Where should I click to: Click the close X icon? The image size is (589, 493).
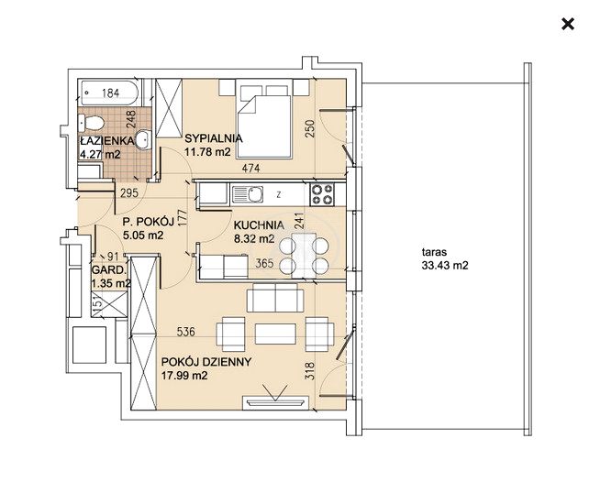click(x=568, y=25)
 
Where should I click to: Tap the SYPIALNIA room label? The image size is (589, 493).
click(x=214, y=138)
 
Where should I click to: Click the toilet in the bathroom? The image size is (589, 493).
click(x=91, y=123)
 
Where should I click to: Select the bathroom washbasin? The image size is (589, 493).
click(x=143, y=139)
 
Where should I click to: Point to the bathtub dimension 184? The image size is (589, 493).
click(x=111, y=93)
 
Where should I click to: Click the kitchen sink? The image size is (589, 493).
click(x=248, y=194)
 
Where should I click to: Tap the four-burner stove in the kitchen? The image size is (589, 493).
click(x=321, y=194)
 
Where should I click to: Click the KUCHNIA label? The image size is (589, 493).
click(x=259, y=225)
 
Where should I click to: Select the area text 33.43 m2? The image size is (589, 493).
click(x=445, y=265)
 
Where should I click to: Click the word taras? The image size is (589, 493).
click(x=434, y=252)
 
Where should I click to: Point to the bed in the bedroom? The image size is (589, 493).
click(x=263, y=121)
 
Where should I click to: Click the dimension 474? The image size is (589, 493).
click(x=250, y=169)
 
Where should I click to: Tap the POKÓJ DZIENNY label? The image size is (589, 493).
click(x=206, y=362)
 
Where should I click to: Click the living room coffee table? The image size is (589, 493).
click(x=275, y=334)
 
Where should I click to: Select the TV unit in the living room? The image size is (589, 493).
click(x=276, y=402)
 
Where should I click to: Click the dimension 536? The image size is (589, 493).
click(x=186, y=332)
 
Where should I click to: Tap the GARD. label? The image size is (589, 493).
click(x=108, y=269)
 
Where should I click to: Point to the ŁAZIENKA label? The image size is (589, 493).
click(x=107, y=141)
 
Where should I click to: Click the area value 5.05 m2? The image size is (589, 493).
click(x=143, y=236)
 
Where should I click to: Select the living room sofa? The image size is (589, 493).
click(x=275, y=298)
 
